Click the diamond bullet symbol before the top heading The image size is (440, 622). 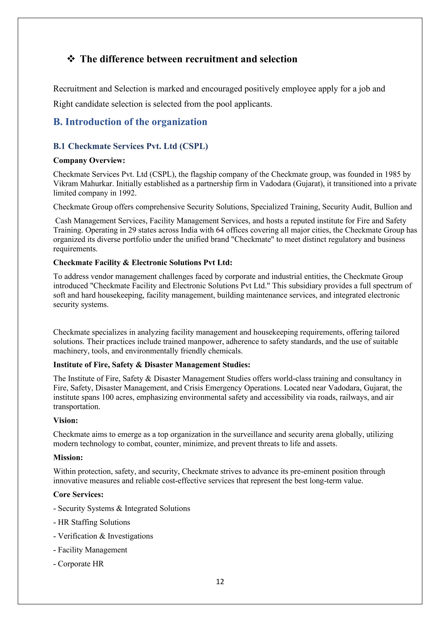coord(71,59)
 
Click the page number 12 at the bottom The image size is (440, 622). coord(220,582)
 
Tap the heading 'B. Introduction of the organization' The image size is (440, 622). coord(130,122)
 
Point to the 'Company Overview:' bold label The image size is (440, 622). coord(89,160)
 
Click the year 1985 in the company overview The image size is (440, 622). coord(392,174)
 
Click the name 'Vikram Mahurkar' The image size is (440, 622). coord(83,184)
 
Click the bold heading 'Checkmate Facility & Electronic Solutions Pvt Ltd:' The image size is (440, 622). coord(142,262)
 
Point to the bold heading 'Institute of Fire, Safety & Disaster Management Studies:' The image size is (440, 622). coord(151,365)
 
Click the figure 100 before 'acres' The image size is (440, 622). coord(108,397)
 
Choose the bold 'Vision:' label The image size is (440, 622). coord(66,421)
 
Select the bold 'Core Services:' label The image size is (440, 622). coord(78,495)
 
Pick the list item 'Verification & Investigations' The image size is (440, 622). coord(105,536)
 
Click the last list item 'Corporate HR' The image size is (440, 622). coord(81,564)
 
